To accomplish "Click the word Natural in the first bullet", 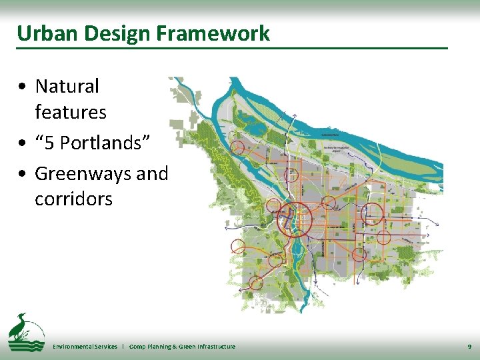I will point(67,86).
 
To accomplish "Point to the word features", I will point(71,112).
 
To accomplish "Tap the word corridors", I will point(73,199).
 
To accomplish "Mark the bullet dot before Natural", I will point(23,87).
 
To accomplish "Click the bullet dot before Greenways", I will point(23,174).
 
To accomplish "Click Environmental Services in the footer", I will point(85,347).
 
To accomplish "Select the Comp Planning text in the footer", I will point(153,347).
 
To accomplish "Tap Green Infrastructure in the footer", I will point(208,347).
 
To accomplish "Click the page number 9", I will point(469,347).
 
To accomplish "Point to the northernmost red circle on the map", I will point(237,146).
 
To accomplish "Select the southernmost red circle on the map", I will point(256,283).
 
